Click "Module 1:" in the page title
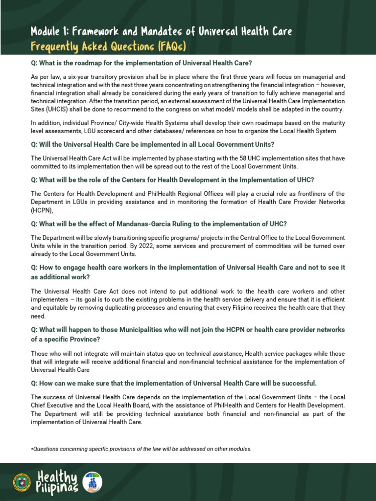point(49,32)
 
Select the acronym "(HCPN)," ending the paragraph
point(42,210)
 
